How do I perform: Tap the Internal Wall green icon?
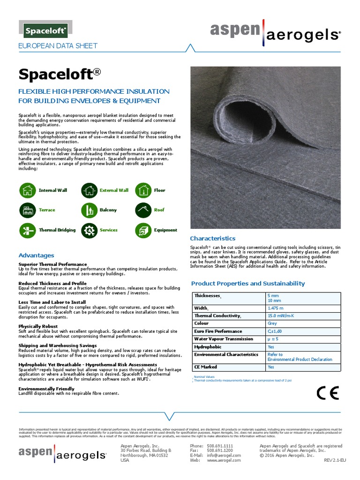28,190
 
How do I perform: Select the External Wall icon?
89,190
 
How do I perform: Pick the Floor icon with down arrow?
143,190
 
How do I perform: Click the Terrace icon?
28,210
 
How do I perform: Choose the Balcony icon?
89,210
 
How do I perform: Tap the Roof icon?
143,210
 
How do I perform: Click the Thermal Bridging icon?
28,230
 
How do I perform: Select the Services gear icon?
89,230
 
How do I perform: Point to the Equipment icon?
143,230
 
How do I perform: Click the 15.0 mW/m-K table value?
281,316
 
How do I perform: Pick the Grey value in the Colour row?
272,323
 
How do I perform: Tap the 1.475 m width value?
276,308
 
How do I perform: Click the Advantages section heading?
36,255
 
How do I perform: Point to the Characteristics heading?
212,239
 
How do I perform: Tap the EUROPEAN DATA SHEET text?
57,46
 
